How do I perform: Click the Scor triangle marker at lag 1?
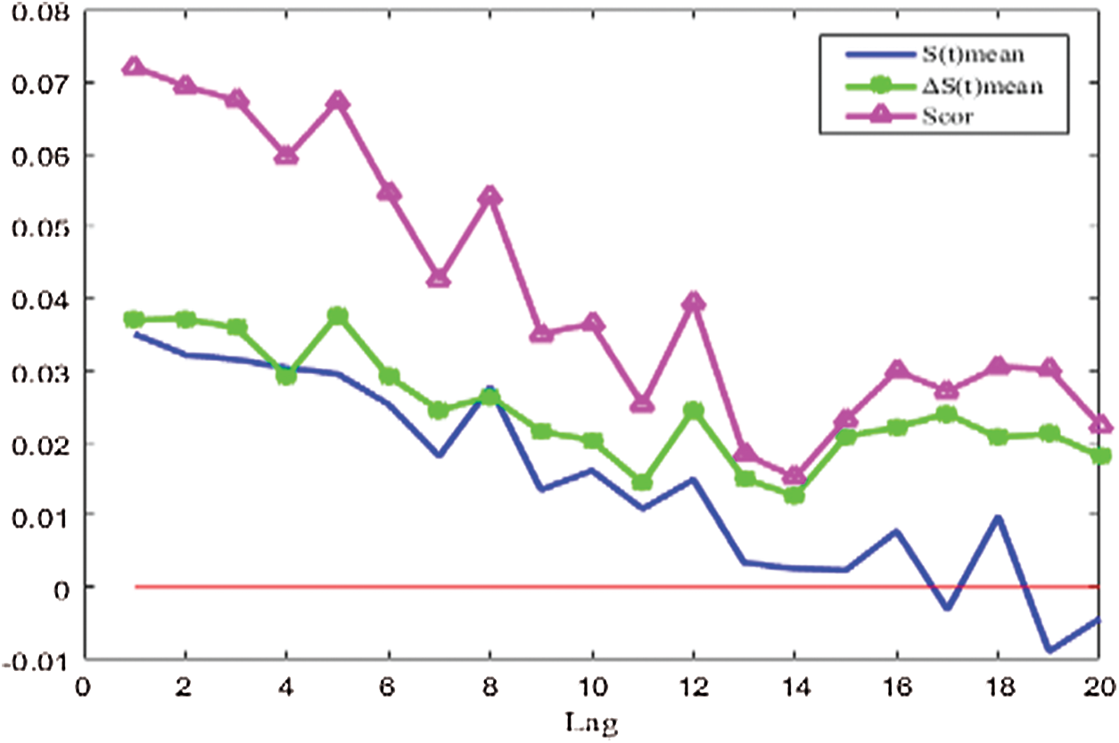(x=134, y=67)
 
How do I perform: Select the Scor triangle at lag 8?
(x=490, y=197)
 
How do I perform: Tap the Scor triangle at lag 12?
(x=694, y=303)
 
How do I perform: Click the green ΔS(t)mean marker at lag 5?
(x=337, y=316)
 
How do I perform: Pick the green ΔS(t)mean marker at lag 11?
(x=643, y=482)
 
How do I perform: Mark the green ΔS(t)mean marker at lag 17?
(x=948, y=415)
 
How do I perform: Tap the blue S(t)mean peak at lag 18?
(x=999, y=518)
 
